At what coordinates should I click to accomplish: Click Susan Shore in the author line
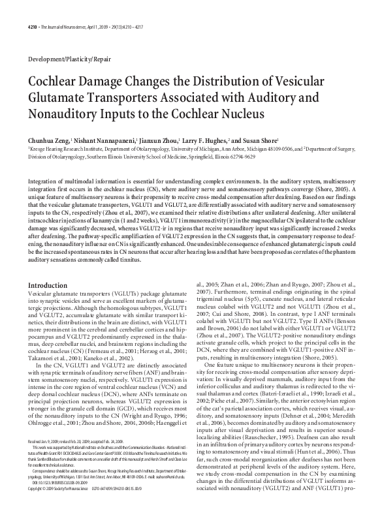[263, 140]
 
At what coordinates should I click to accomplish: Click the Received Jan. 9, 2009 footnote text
[52, 460]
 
